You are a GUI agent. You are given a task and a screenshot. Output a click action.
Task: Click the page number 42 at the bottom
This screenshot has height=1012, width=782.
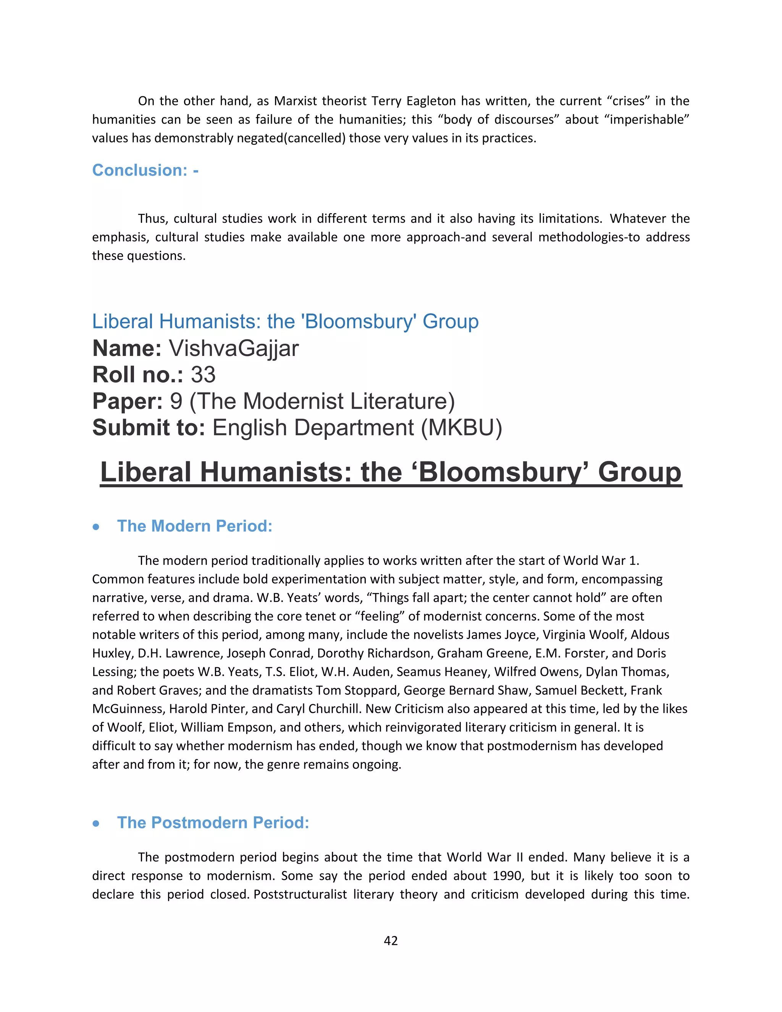coord(391,941)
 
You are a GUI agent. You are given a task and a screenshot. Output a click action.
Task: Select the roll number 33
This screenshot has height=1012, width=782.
coord(203,375)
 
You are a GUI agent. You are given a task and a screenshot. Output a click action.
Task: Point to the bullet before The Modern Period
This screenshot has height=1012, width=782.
coord(96,527)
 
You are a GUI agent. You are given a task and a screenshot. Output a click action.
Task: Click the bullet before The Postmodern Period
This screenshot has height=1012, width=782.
coord(96,823)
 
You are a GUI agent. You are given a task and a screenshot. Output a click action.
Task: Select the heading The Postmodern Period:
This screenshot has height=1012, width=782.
coord(213,823)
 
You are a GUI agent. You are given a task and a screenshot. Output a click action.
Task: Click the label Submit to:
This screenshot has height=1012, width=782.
coord(148,428)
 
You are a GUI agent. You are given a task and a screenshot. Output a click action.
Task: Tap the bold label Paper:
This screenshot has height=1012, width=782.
coord(128,401)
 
